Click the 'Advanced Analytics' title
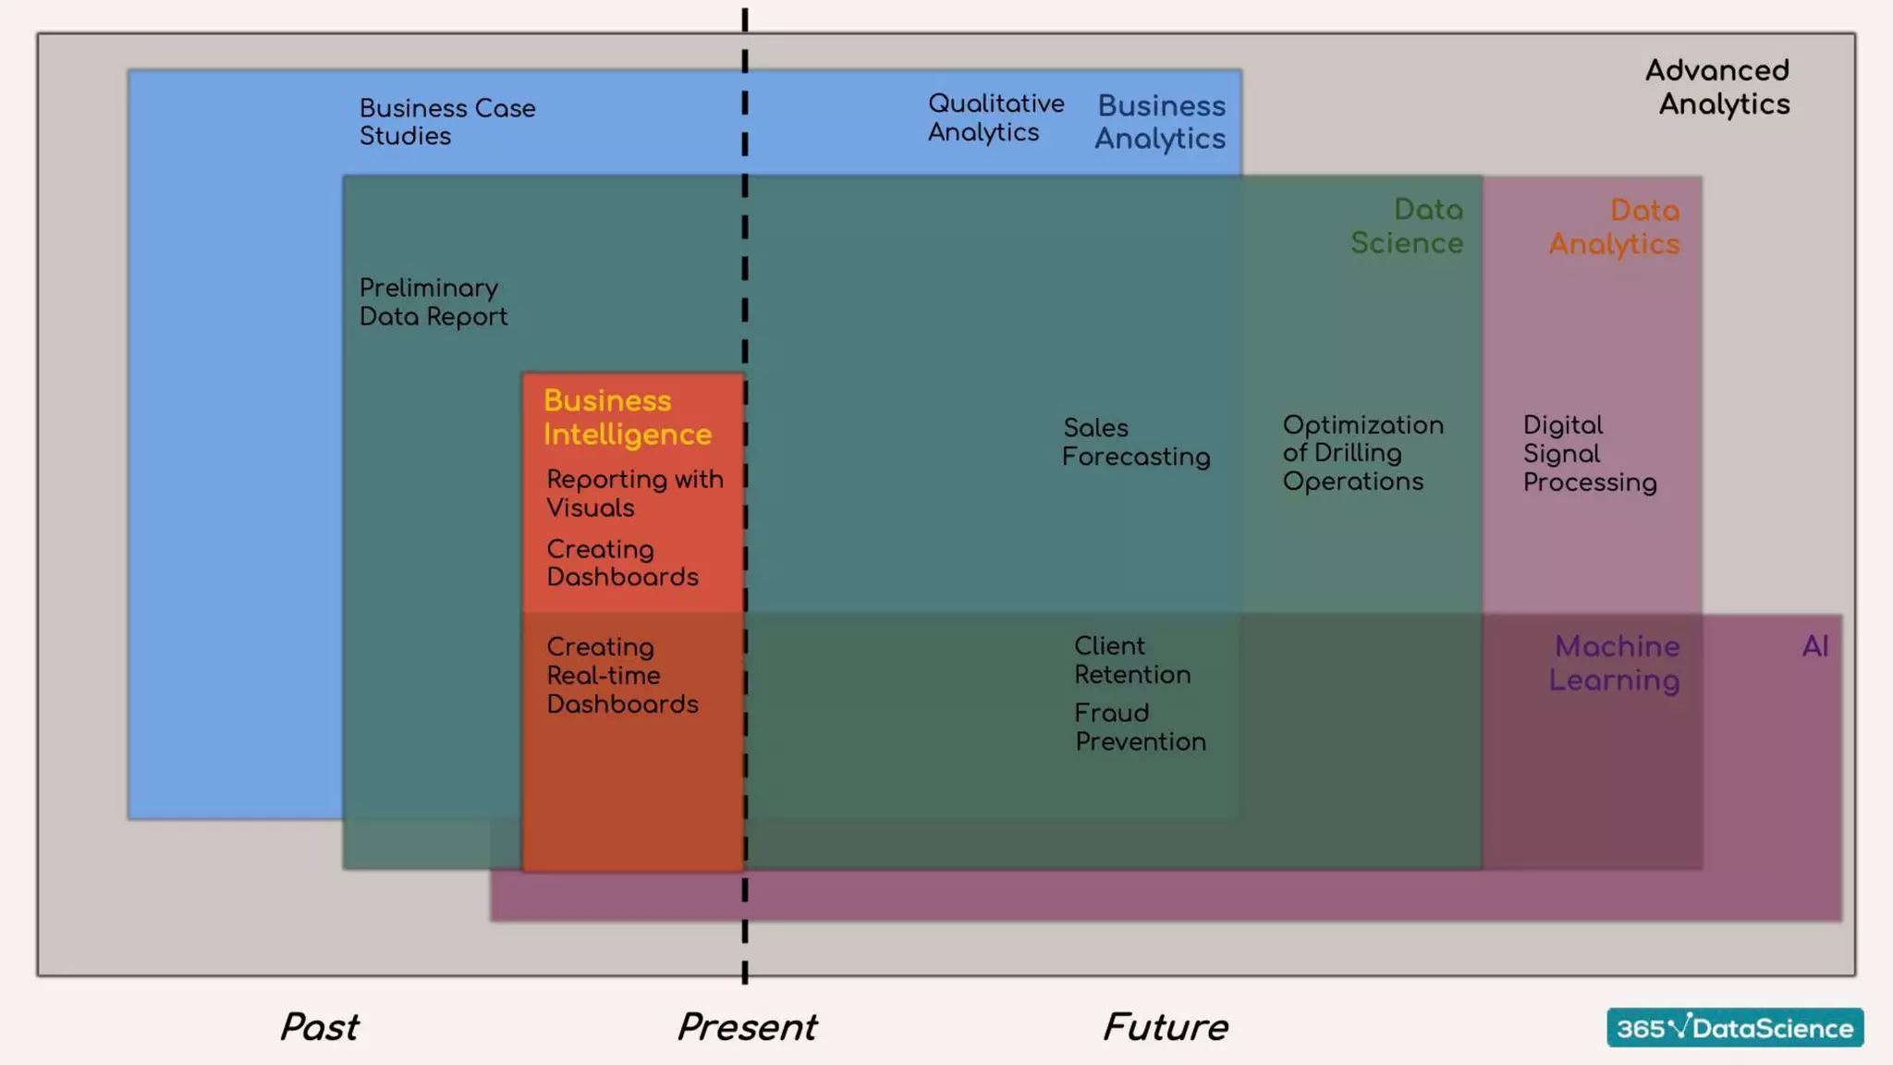[1718, 87]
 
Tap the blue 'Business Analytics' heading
[1161, 122]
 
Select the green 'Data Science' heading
[1408, 226]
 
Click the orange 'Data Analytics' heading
[1615, 227]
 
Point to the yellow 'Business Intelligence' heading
[628, 418]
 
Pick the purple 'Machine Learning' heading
[1615, 663]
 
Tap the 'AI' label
[1815, 646]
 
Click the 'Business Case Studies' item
[447, 122]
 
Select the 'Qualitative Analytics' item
[995, 117]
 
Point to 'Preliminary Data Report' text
[433, 302]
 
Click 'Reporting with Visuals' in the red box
[634, 494]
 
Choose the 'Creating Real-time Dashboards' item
[622, 676]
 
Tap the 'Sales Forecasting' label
[1136, 442]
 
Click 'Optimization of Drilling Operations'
[1362, 453]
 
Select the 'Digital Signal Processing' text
[1590, 454]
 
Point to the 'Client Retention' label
[1132, 660]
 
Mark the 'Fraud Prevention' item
[1140, 728]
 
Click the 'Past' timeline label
[320, 1027]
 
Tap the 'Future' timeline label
[1166, 1027]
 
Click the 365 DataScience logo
[1735, 1028]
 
